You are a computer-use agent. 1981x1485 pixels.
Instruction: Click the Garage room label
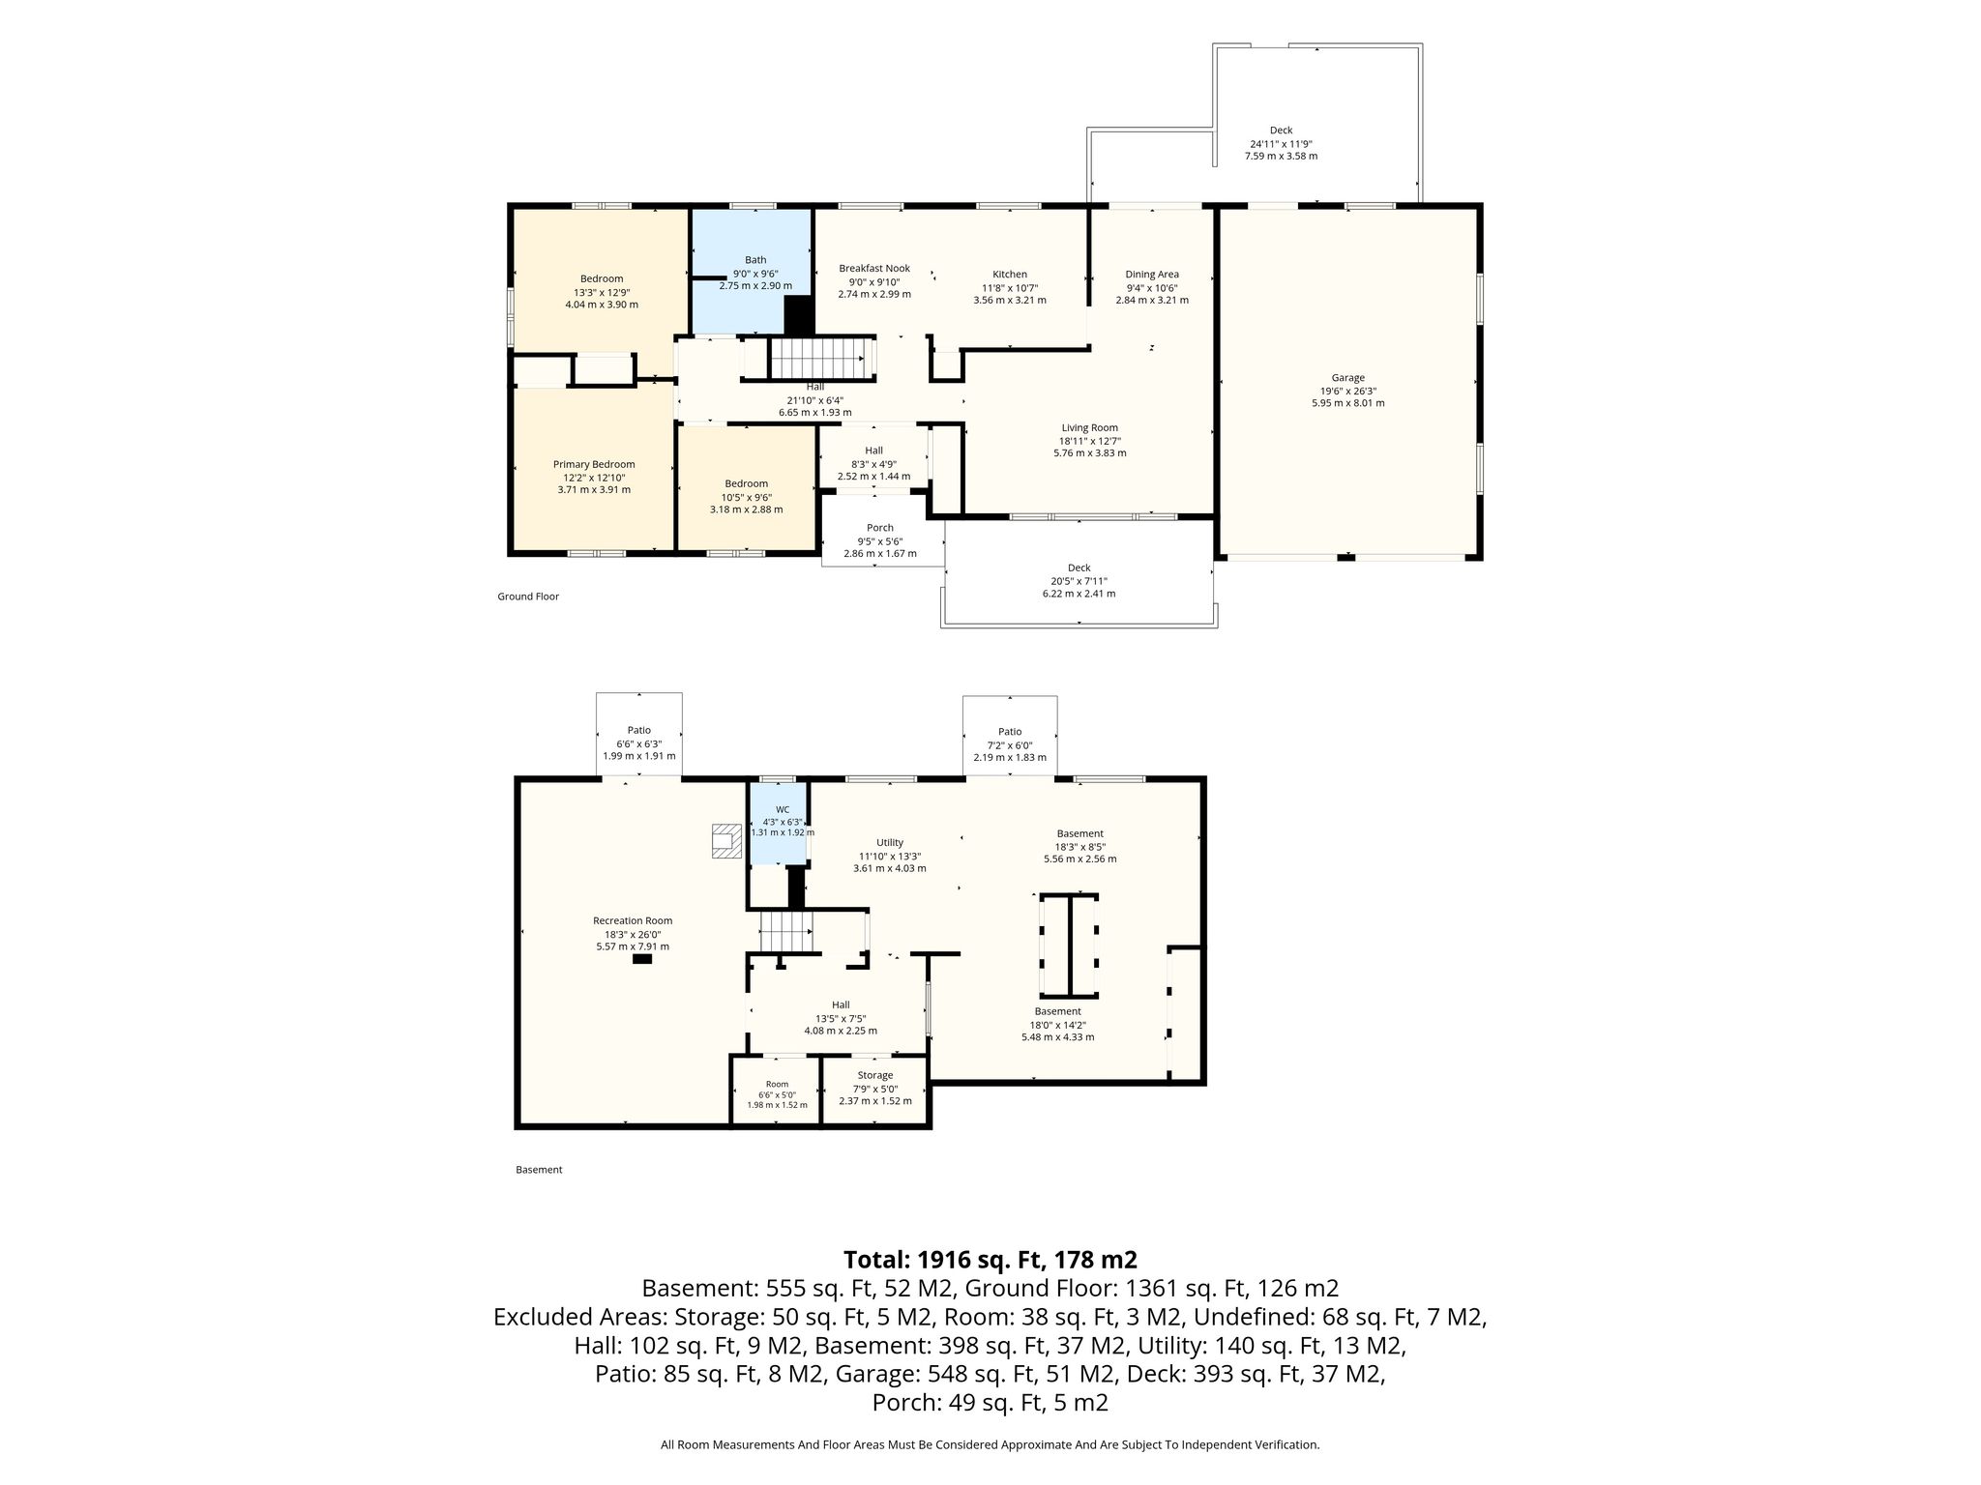tap(1347, 378)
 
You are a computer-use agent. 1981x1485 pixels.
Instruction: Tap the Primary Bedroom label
tap(594, 465)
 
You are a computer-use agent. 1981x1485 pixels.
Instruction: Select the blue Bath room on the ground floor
tap(751, 271)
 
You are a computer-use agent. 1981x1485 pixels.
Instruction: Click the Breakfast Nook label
tap(874, 269)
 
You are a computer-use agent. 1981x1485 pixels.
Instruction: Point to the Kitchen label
tap(1010, 275)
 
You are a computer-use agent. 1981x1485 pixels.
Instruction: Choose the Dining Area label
tap(1152, 275)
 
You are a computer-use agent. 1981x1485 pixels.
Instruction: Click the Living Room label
tap(1090, 428)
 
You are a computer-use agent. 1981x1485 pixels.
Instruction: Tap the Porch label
tap(880, 528)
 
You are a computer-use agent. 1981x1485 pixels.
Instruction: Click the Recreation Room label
tap(633, 921)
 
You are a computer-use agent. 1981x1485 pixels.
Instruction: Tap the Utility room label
tap(890, 843)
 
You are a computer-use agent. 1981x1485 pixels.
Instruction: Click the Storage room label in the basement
tap(875, 1075)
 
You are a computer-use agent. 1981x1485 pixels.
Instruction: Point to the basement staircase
tap(784, 932)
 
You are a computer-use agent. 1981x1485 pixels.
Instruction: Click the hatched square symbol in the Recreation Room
tap(724, 840)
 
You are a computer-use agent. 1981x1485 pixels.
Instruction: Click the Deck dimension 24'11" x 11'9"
tap(1281, 143)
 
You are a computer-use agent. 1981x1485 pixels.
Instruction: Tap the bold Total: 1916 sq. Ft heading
tap(990, 1260)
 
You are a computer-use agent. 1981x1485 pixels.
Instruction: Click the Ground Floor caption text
tap(528, 597)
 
